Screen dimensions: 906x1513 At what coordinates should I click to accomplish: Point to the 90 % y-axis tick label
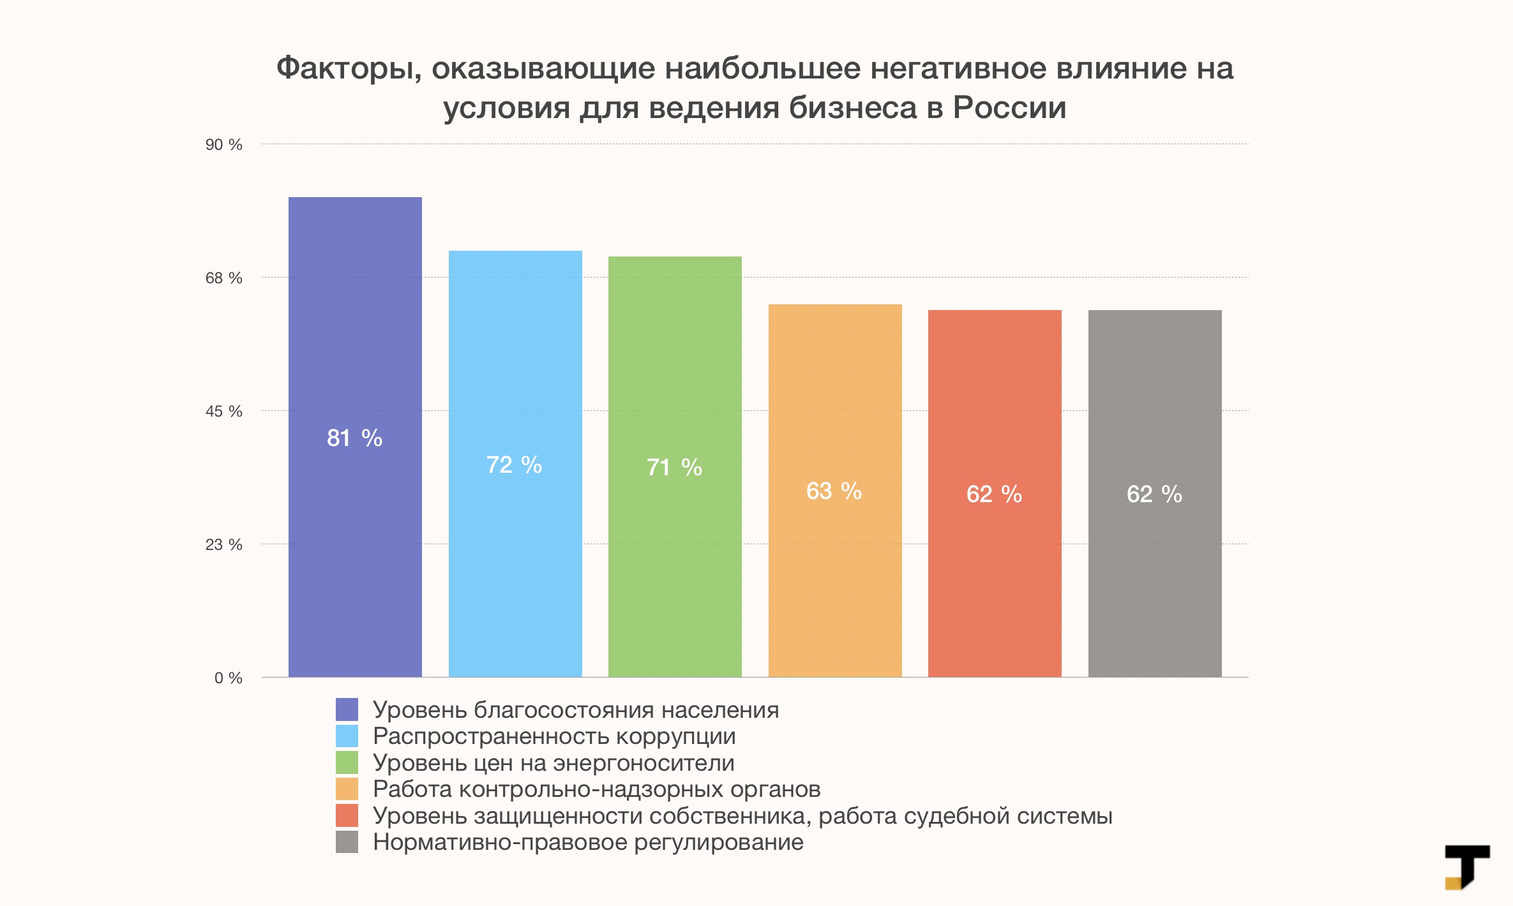pyautogui.click(x=223, y=145)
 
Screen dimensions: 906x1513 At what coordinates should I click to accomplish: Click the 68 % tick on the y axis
pyautogui.click(x=223, y=278)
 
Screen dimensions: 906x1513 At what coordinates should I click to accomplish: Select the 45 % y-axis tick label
pyautogui.click(x=223, y=412)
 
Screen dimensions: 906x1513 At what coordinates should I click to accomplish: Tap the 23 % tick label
pyautogui.click(x=223, y=545)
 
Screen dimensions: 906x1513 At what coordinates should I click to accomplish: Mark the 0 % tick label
pyautogui.click(x=228, y=678)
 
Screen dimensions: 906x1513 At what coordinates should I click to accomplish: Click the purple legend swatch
pyautogui.click(x=347, y=709)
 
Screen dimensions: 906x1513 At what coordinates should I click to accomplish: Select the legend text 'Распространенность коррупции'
pyautogui.click(x=554, y=736)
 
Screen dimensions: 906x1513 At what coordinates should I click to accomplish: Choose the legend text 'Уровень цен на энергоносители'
pyautogui.click(x=553, y=763)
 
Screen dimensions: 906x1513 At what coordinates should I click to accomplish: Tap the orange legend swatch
pyautogui.click(x=347, y=789)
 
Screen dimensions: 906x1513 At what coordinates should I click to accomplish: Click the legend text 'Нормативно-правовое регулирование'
pyautogui.click(x=588, y=842)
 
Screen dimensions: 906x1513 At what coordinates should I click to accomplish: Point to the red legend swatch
pyautogui.click(x=347, y=815)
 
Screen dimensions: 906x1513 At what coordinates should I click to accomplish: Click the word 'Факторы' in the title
pyautogui.click(x=349, y=69)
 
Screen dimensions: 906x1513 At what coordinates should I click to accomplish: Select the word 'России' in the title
pyautogui.click(x=1009, y=107)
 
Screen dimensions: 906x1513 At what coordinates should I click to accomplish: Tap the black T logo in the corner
pyautogui.click(x=1467, y=866)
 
